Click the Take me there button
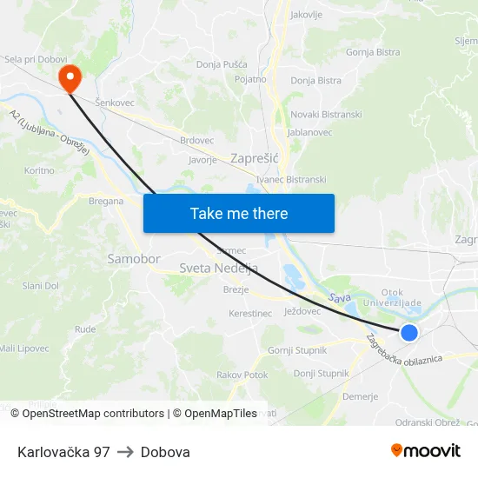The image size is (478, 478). pos(239,213)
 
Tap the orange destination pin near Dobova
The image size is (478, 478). pos(70,77)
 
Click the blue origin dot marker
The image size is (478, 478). pos(408,332)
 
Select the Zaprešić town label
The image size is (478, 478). pos(254,158)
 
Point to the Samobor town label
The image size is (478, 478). pos(134,259)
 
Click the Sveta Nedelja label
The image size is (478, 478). pos(218,269)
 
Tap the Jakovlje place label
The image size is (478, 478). pos(306,15)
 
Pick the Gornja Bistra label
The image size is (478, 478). pos(373,52)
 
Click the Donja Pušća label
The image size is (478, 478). pos(222,64)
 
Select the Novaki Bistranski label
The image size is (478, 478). pos(326,115)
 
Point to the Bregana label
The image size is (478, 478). pos(106,201)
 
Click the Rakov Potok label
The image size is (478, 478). pos(242,375)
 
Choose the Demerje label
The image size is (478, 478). pos(361,397)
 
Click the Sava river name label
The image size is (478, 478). pos(338,298)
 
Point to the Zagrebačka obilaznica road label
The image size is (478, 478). pos(403,349)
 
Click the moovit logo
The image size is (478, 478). pos(426,450)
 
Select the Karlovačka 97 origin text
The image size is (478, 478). pos(63,452)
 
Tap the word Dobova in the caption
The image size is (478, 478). pos(165,452)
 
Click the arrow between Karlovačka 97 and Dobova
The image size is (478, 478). pos(125,452)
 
